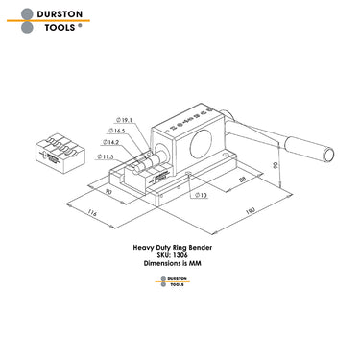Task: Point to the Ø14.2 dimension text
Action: [x=113, y=140]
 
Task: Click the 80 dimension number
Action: [x=108, y=193]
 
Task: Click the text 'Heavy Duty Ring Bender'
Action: [x=180, y=247]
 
